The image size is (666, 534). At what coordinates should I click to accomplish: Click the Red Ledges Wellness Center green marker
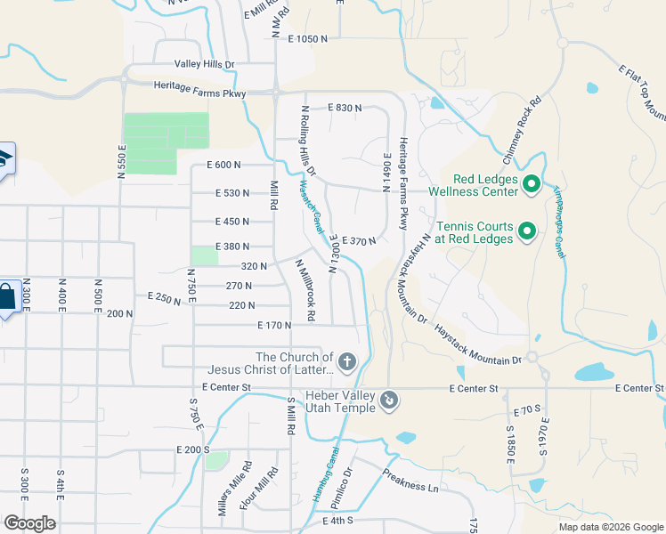click(x=532, y=184)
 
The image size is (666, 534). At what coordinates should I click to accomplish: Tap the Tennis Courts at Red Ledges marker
click(x=526, y=232)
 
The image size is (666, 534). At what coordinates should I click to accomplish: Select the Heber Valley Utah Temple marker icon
click(x=388, y=401)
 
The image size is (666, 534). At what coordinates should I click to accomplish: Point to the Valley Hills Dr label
click(x=204, y=65)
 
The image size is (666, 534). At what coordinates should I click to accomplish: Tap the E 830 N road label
click(x=345, y=108)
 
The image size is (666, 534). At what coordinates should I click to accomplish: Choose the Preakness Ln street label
click(x=411, y=481)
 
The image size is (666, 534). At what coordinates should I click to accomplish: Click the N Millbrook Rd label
click(x=305, y=291)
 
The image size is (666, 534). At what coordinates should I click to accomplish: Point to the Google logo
click(x=29, y=522)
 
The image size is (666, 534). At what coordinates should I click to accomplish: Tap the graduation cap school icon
click(x=4, y=159)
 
